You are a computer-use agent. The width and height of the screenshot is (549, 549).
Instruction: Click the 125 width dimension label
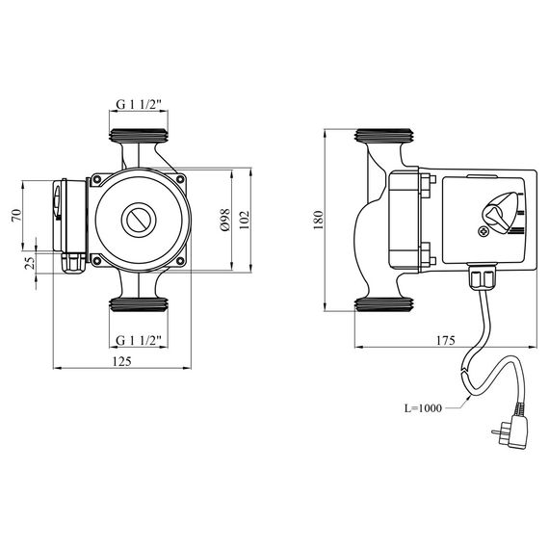click(122, 361)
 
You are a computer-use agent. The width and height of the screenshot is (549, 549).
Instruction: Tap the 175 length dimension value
click(445, 340)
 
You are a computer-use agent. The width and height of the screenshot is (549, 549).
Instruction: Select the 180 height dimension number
click(318, 220)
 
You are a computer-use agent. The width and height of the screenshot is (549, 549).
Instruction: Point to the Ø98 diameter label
click(225, 220)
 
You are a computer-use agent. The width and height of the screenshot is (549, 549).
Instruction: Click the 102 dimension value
click(245, 220)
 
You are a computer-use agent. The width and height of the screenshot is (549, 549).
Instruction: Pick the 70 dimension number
click(16, 215)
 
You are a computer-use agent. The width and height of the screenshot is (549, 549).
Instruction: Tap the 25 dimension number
click(31, 263)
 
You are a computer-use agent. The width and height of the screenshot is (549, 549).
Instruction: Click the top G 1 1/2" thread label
click(139, 104)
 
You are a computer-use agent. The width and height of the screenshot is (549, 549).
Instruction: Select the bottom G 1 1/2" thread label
click(139, 340)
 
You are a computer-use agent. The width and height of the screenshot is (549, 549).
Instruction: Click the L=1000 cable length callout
click(423, 408)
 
